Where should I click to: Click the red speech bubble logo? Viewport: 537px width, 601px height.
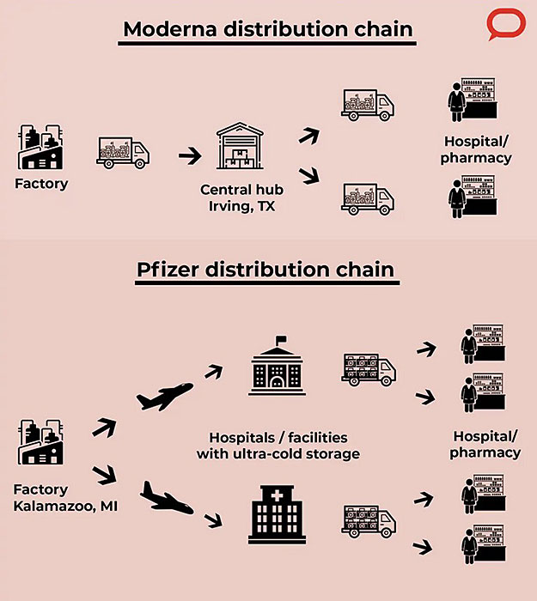click(505, 24)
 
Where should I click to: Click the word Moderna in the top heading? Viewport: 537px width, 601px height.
click(170, 28)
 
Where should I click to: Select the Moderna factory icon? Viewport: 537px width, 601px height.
click(40, 147)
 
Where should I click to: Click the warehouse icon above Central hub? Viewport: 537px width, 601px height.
click(240, 146)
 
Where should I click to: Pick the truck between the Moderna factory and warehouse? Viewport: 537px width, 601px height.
click(123, 153)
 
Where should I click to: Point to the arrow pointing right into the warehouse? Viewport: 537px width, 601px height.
click(190, 155)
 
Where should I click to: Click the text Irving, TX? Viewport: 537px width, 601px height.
click(241, 206)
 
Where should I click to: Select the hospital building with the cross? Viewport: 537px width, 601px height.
click(277, 514)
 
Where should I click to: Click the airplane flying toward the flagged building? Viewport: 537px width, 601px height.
click(165, 397)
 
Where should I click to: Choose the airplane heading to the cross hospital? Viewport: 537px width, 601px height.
click(167, 497)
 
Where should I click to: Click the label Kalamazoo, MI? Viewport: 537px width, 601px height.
click(65, 506)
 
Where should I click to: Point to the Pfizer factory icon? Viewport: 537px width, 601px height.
click(40, 441)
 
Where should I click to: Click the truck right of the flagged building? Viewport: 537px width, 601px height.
click(369, 369)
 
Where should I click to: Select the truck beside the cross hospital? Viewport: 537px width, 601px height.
click(369, 521)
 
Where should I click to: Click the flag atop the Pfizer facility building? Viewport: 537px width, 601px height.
click(281, 340)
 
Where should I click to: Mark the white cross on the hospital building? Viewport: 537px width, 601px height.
click(277, 496)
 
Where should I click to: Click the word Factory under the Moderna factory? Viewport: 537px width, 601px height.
click(41, 183)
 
